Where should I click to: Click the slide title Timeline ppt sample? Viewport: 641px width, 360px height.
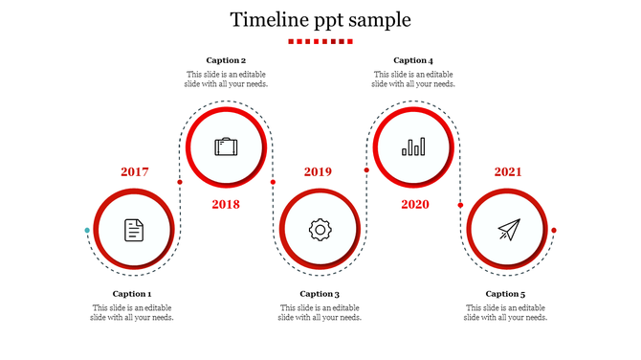point(320,19)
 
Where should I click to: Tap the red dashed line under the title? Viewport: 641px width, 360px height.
point(320,41)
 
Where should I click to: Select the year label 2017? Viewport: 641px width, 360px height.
point(135,172)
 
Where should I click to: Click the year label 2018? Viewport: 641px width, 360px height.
point(226,204)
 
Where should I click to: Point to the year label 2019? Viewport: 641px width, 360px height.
point(319,172)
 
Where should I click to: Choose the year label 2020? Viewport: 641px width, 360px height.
point(415,204)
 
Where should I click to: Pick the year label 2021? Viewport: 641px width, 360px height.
point(508,172)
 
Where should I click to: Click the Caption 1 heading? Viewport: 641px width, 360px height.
point(132,294)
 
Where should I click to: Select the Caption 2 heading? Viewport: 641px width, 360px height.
point(226,60)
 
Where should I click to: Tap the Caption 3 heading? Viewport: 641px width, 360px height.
point(320,294)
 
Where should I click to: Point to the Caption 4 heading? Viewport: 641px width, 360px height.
point(413,60)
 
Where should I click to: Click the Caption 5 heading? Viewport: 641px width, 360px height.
point(505,294)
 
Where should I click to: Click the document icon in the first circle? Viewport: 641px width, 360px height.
point(134,230)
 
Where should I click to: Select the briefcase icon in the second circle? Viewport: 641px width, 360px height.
point(226,147)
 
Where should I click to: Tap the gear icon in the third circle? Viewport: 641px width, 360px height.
point(320,230)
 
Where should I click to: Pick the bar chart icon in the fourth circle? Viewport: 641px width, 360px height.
point(413,147)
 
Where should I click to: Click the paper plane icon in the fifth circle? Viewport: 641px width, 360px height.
point(508,230)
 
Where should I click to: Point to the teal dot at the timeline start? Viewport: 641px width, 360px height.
point(87,231)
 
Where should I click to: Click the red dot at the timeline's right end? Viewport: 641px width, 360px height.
point(554,231)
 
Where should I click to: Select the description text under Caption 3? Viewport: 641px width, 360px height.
point(320,313)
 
